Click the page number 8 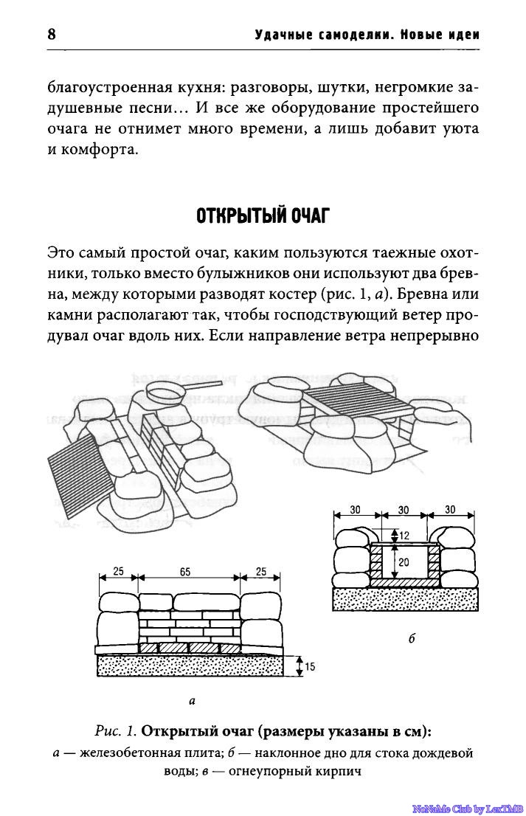51,35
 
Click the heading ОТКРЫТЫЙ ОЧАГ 263,215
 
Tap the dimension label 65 184,572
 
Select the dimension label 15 310,666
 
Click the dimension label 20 404,562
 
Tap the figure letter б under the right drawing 412,638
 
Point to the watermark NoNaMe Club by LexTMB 468,808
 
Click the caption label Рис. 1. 116,732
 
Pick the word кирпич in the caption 338,772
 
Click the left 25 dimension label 118,571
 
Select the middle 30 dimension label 404,511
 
